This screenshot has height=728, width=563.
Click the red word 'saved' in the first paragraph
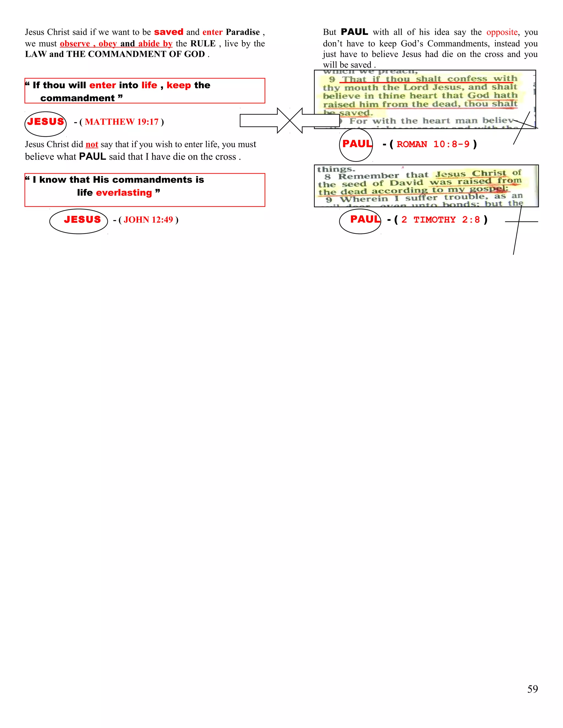coord(169,32)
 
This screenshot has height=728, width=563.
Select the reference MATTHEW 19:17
coord(122,122)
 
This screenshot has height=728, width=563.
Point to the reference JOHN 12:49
coord(148,220)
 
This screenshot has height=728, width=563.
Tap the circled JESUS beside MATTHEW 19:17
coord(45,122)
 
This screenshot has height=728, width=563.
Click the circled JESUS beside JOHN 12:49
coord(82,220)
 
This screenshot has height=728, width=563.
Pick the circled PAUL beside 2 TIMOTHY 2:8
coord(365,219)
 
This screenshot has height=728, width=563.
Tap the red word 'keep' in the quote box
coord(179,85)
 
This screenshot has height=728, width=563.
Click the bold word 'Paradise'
coord(242,32)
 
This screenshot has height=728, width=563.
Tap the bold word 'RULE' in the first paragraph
coord(203,44)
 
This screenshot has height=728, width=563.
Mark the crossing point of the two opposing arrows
coord(290,121)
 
